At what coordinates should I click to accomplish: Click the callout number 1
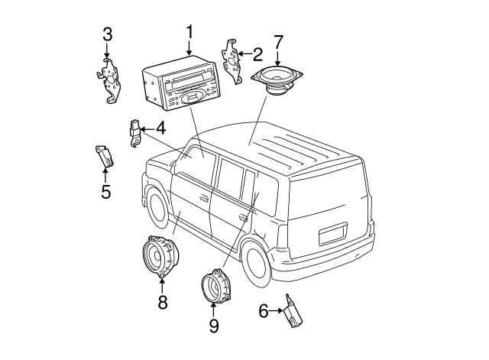coord(189,32)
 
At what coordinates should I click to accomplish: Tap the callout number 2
coord(257,54)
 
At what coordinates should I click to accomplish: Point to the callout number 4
coord(160,128)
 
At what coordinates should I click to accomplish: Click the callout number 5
coord(105,191)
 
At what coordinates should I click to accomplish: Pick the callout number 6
coord(264,310)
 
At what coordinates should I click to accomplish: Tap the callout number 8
coord(162,302)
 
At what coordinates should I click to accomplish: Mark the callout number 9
coord(213,326)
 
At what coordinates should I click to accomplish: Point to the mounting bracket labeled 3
coord(110,79)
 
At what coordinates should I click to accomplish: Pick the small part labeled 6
coord(293,313)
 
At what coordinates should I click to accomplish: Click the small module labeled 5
coord(104,156)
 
